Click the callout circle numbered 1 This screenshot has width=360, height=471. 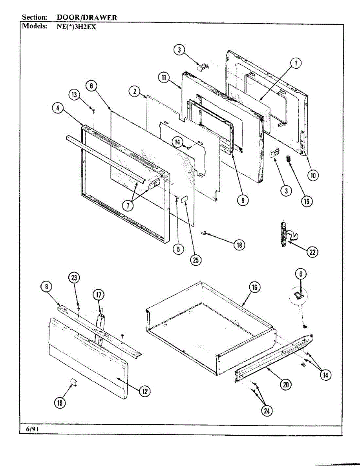click(296, 63)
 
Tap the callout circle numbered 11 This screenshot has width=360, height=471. click(164, 77)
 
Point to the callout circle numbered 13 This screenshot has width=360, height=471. click(74, 95)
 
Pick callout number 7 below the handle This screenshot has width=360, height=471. click(128, 206)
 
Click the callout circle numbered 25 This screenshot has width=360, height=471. click(196, 260)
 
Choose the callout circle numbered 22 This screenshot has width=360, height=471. click(312, 252)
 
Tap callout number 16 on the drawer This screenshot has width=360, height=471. click(254, 287)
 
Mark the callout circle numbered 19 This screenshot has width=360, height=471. click(60, 403)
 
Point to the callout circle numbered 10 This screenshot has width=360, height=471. click(313, 175)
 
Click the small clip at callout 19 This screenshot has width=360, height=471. click(73, 382)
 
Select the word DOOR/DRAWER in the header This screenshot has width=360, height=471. click(87, 17)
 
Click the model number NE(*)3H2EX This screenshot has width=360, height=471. click(76, 27)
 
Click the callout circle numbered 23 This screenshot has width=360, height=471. click(74, 278)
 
